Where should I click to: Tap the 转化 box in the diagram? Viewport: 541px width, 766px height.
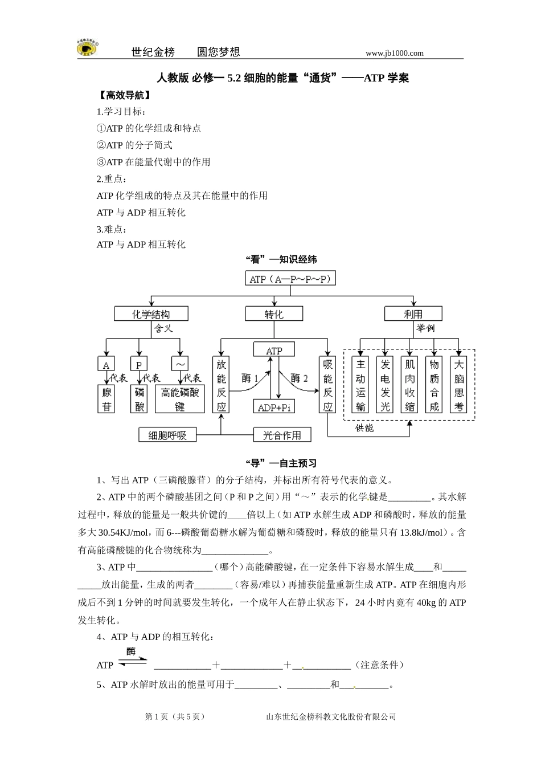click(274, 314)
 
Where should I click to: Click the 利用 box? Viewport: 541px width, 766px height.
click(413, 313)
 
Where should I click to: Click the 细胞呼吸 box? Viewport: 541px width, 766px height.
click(167, 435)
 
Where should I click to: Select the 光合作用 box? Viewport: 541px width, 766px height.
click(282, 435)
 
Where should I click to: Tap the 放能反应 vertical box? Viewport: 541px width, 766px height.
click(221, 385)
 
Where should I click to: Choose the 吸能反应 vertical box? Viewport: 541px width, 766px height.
click(328, 385)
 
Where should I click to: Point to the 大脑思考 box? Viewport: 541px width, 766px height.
click(459, 385)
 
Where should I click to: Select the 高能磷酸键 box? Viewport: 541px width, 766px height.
click(180, 398)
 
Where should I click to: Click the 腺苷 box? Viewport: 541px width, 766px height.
click(107, 398)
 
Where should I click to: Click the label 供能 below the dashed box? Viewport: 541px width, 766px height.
click(364, 428)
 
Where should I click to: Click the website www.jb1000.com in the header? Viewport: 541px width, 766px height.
click(395, 53)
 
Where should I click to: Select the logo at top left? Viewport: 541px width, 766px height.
click(87, 48)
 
